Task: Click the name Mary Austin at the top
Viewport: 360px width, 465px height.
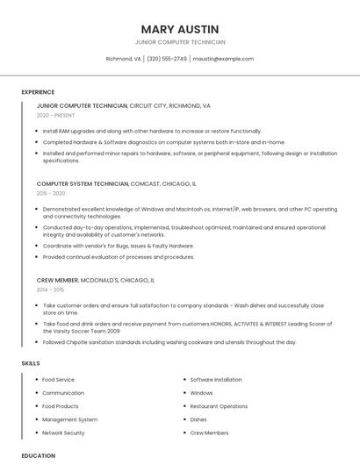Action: [x=180, y=29]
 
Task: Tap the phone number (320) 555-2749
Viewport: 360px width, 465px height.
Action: [x=167, y=59]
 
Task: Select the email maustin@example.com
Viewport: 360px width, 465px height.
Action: [x=223, y=59]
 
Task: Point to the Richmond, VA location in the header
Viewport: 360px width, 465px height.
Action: [x=123, y=59]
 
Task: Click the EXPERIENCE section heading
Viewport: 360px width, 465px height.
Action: [x=38, y=92]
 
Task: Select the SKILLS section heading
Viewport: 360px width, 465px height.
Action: [x=31, y=362]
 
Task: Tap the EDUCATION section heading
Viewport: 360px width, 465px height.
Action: [x=38, y=455]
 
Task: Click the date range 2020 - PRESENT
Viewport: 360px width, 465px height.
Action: [x=55, y=115]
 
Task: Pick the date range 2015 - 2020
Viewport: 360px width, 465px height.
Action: [x=51, y=193]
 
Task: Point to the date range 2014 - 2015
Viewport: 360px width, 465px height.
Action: [x=50, y=289]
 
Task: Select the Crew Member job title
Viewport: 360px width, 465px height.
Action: [x=57, y=280]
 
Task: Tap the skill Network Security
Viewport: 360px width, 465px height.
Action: [x=63, y=433]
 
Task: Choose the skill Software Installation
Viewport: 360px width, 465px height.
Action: [x=216, y=380]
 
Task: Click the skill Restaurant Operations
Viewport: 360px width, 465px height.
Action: [x=219, y=406]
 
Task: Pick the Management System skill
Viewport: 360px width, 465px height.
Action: [x=69, y=419]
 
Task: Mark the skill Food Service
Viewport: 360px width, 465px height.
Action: [x=59, y=380]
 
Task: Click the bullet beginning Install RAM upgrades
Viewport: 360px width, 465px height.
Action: [x=152, y=131]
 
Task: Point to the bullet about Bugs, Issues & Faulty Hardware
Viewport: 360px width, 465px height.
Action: [x=119, y=246]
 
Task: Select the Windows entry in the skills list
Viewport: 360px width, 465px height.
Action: [x=201, y=393]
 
